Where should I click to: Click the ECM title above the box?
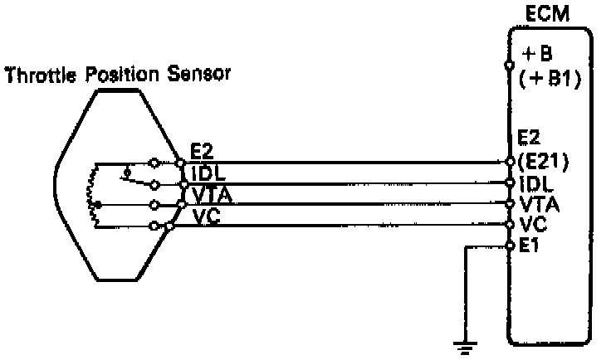click(x=545, y=14)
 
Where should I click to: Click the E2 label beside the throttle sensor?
click(x=203, y=152)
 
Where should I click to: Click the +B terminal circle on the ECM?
click(x=510, y=62)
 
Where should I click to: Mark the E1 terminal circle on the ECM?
click(x=510, y=246)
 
